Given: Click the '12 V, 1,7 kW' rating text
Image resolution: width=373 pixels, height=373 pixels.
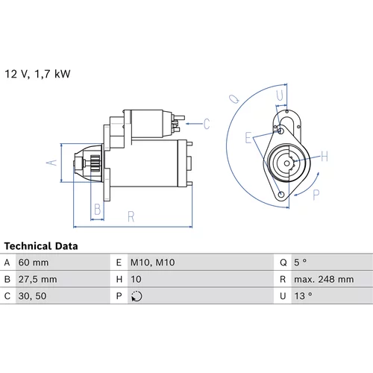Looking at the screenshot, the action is [37, 74].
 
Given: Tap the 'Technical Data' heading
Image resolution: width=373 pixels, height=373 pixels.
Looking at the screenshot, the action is [41, 246].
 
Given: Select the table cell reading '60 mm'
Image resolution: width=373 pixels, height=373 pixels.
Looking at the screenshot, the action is [34, 263].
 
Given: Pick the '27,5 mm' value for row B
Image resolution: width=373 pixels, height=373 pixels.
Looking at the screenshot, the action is [37, 279].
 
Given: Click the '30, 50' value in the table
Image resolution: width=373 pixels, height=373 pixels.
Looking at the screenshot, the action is [32, 296].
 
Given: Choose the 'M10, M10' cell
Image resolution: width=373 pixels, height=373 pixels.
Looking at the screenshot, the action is [153, 263].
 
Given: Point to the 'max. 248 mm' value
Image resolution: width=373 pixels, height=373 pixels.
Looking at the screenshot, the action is [324, 279].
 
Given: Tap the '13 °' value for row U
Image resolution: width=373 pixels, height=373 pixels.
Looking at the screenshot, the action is [303, 296].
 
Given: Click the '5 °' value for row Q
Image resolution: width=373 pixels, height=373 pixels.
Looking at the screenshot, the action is [300, 263].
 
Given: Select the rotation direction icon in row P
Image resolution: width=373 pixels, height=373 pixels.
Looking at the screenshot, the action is [137, 296].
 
